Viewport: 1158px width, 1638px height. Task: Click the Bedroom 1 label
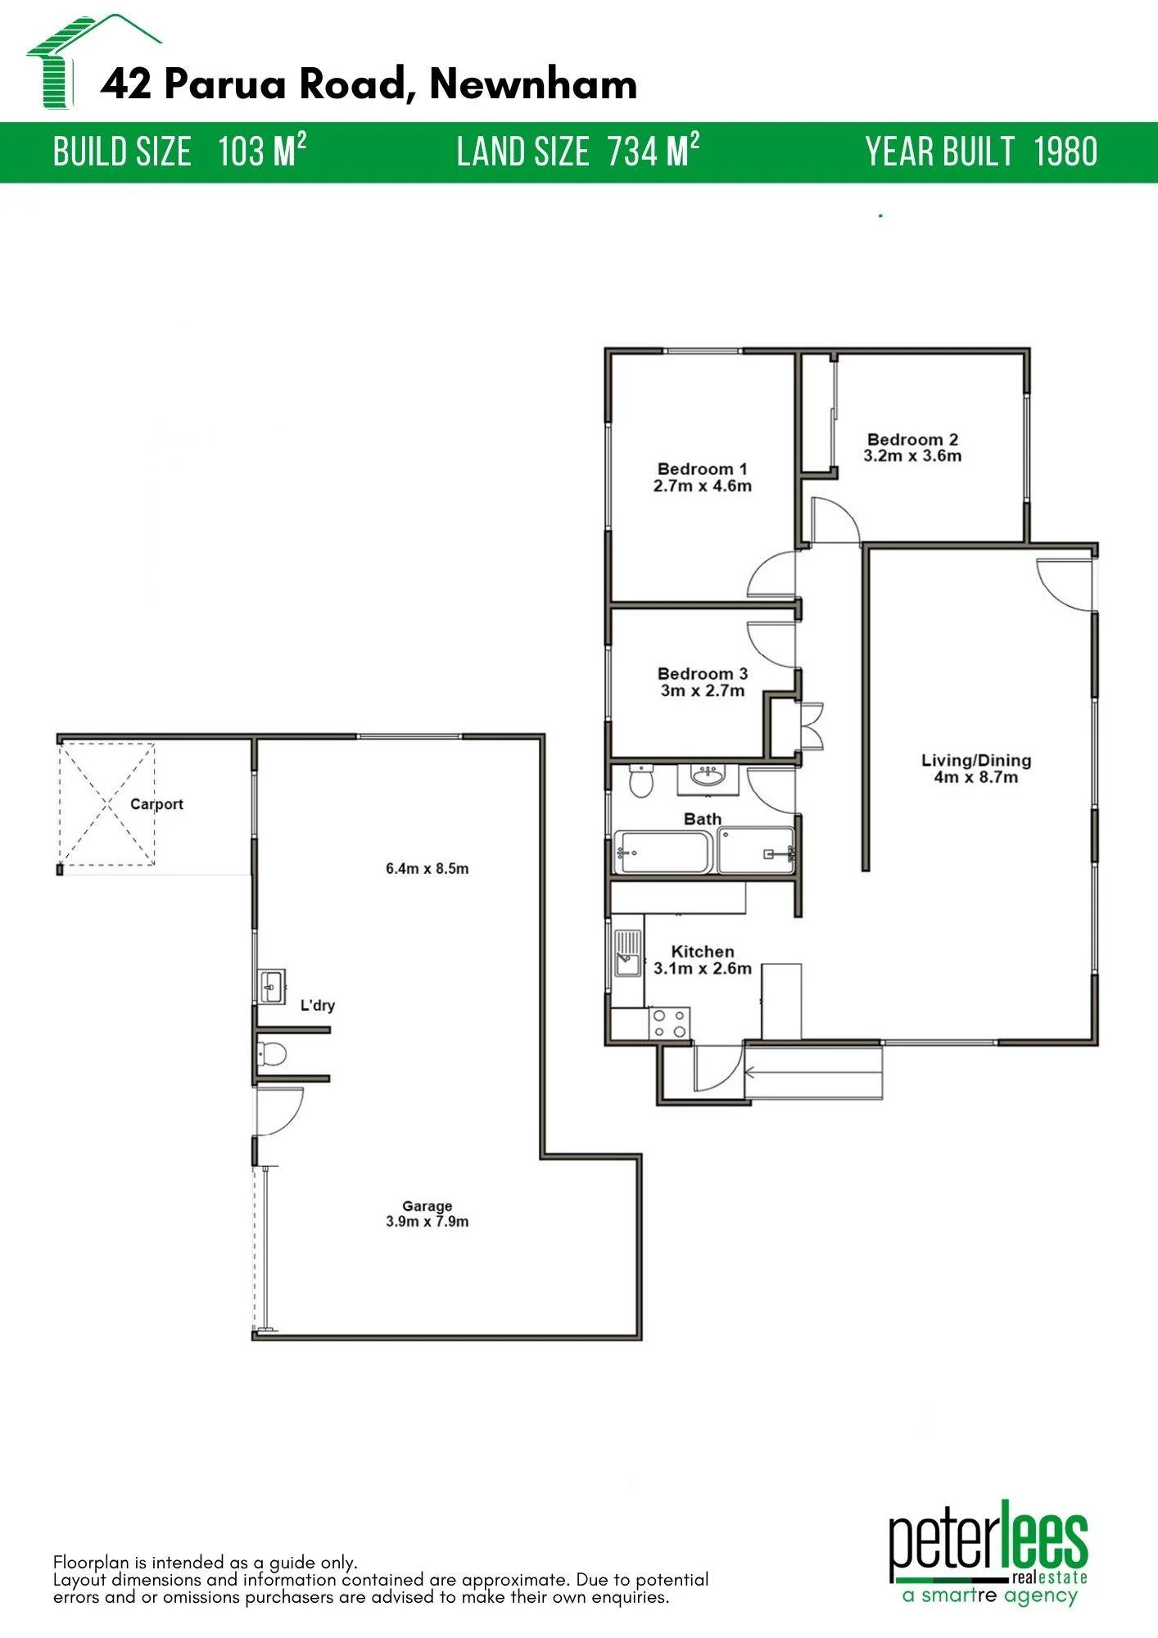(703, 469)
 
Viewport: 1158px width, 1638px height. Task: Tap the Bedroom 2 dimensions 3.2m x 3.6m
(912, 456)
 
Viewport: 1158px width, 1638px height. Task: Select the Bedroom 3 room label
(703, 674)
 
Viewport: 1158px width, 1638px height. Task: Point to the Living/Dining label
(976, 761)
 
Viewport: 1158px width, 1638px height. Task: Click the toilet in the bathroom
(640, 781)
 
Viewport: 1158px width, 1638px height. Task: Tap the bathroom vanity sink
(708, 778)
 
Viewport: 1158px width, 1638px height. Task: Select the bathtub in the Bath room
(663, 853)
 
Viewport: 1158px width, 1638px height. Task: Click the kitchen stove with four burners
(669, 1024)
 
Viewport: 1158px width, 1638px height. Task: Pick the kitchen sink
(627, 953)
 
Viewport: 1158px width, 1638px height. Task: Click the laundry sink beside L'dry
(271, 986)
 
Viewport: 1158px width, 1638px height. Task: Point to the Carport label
(156, 804)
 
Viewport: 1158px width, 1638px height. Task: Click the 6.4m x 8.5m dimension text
(427, 869)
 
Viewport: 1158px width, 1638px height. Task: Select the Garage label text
(427, 1206)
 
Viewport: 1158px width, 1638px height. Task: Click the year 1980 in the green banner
(1065, 152)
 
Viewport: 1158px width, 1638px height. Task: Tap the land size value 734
(633, 152)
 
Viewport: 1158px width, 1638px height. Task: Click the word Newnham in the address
(533, 84)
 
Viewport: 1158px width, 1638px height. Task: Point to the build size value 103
(242, 152)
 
